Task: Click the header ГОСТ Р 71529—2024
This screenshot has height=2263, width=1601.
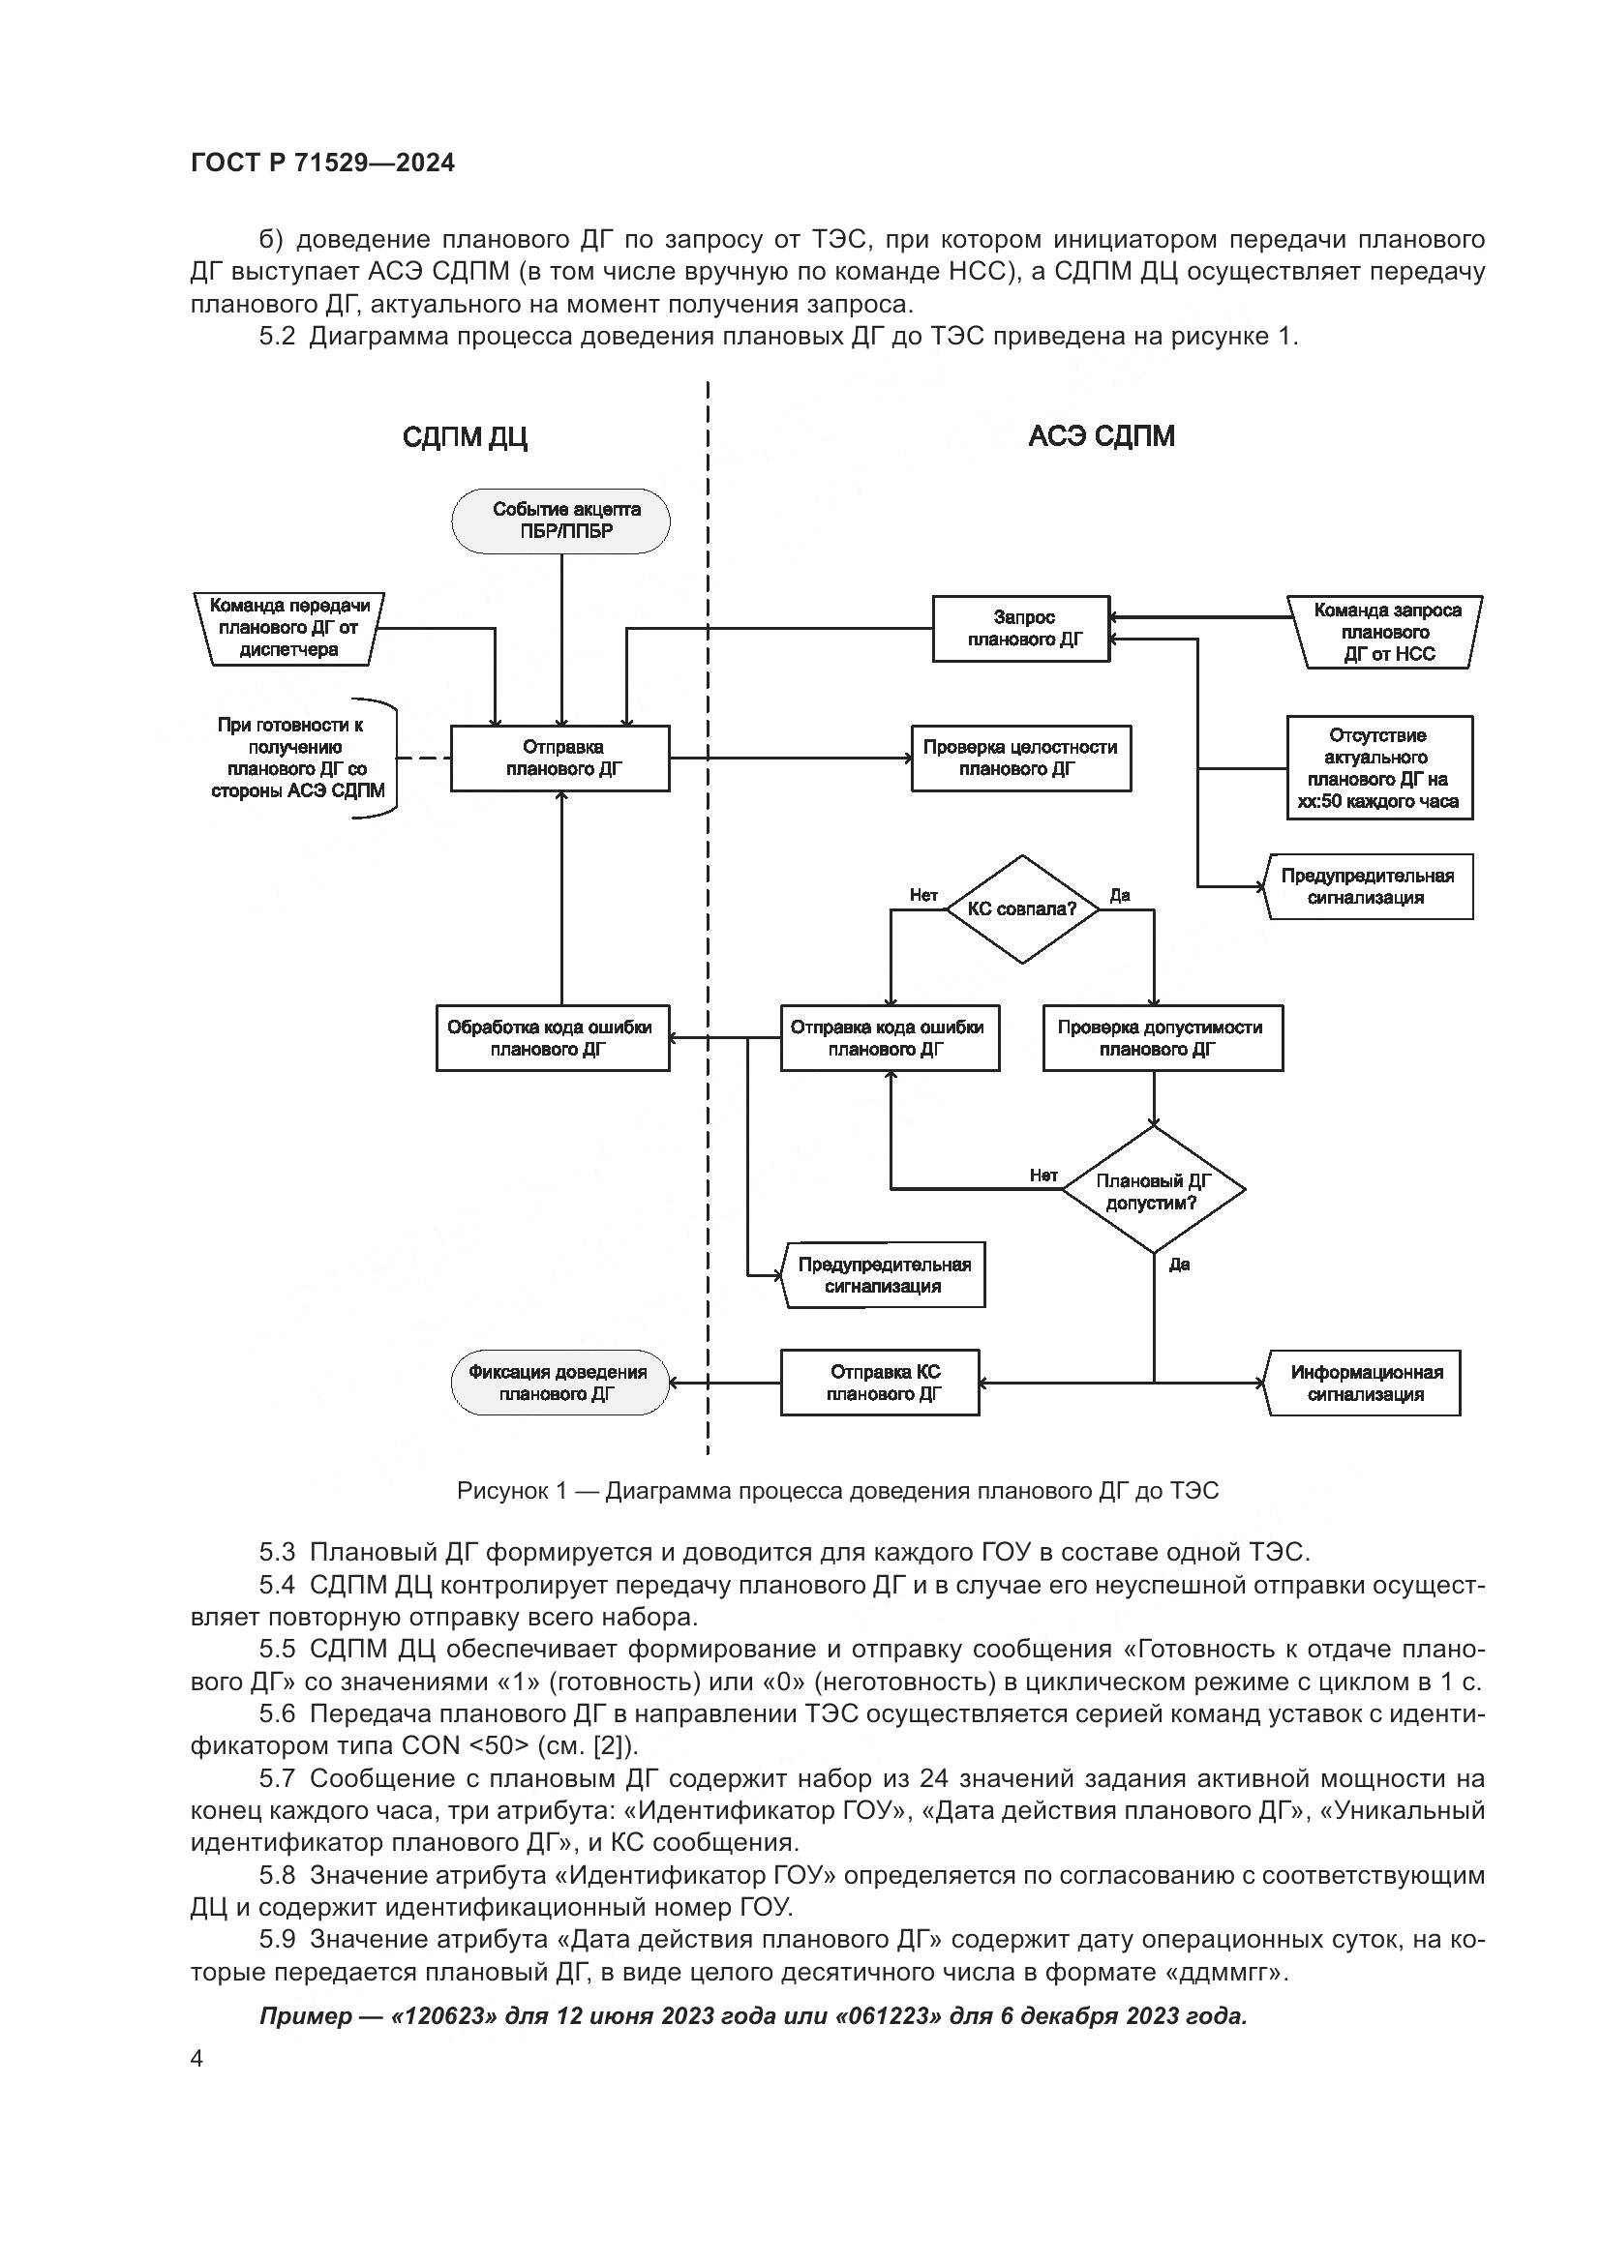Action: click(x=322, y=164)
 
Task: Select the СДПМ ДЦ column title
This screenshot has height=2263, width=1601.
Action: click(x=465, y=437)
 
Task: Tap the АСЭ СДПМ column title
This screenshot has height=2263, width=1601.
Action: click(x=1102, y=436)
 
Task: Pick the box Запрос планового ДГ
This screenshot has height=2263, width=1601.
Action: click(x=1021, y=629)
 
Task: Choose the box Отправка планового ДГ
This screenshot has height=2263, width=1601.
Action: click(x=559, y=758)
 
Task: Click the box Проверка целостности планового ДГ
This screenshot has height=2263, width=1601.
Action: click(x=1020, y=758)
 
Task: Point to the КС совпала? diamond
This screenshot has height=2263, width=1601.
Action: click(x=1022, y=908)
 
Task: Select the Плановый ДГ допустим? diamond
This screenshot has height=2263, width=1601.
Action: click(x=1154, y=1191)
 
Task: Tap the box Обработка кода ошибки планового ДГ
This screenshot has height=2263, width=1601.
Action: click(x=552, y=1038)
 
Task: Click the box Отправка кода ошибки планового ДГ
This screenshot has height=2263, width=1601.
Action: click(x=890, y=1038)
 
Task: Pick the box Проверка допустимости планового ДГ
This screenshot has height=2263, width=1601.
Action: click(x=1163, y=1038)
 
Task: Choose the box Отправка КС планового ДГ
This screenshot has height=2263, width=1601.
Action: click(x=879, y=1383)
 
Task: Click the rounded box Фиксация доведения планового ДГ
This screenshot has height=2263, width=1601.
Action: click(x=559, y=1383)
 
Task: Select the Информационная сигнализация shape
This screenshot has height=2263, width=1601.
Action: click(x=1366, y=1383)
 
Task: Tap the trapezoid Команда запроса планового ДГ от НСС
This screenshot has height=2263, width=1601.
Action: click(x=1386, y=633)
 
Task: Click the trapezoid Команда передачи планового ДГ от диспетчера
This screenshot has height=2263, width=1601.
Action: click(x=288, y=628)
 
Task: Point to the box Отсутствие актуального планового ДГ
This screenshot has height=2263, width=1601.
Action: click(x=1378, y=768)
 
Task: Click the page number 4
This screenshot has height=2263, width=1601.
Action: click(x=197, y=2059)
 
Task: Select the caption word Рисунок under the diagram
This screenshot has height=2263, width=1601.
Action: click(x=501, y=1491)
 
